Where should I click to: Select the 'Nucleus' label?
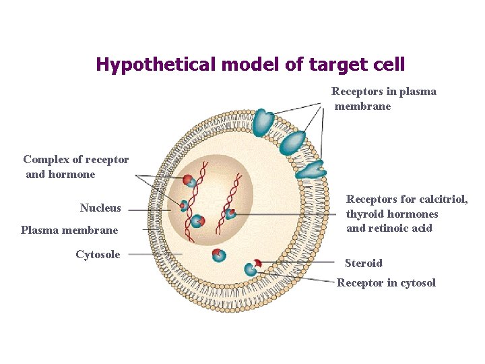click(100, 208)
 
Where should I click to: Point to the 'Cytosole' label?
click(98, 254)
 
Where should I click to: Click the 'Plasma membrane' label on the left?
click(69, 231)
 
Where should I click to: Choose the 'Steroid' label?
click(363, 263)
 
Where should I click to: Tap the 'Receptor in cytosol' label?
click(386, 282)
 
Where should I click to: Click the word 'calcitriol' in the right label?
click(443, 200)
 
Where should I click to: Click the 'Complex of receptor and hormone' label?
click(75, 166)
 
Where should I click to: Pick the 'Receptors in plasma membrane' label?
click(383, 98)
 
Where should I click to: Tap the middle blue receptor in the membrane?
click(293, 144)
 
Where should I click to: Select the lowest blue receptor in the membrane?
click(311, 171)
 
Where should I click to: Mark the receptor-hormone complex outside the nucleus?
click(218, 255)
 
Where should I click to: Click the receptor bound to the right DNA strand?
click(229, 214)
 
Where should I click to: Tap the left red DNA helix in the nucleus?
click(191, 202)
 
